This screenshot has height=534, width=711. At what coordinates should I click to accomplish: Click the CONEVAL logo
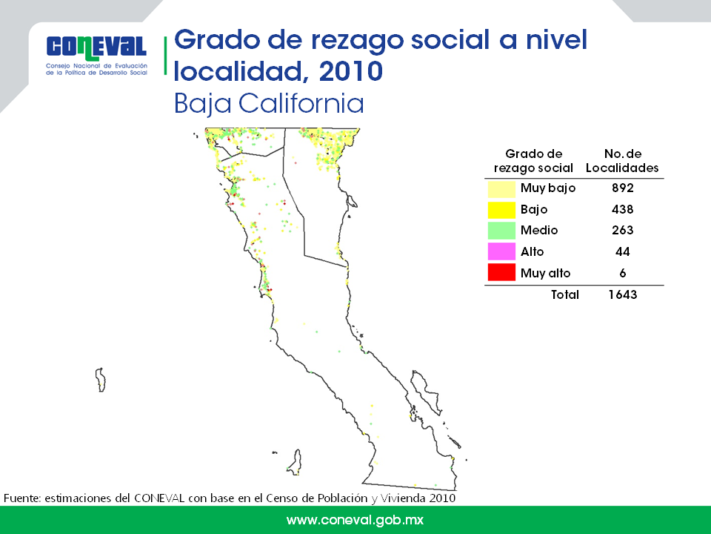[96, 55]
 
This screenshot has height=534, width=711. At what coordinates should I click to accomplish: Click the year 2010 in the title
[351, 71]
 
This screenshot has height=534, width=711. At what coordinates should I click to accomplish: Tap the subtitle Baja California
[269, 104]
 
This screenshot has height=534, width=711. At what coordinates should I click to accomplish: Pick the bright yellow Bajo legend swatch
[501, 210]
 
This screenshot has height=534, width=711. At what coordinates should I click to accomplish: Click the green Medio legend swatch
[501, 231]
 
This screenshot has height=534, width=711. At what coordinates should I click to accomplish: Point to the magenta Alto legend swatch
[501, 251]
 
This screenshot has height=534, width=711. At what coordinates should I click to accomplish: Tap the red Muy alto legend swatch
[501, 272]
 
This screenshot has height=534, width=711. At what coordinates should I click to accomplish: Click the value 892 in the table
[623, 188]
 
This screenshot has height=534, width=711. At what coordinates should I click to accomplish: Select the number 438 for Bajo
[623, 209]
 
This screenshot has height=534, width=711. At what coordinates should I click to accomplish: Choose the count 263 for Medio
[623, 230]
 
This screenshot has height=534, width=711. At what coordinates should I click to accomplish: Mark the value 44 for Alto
[623, 251]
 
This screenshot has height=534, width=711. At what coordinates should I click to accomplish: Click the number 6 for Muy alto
[623, 273]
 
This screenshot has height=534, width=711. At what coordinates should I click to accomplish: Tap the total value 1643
[623, 294]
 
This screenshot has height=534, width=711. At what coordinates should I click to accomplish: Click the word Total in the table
[565, 294]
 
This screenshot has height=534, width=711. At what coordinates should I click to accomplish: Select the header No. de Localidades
[622, 161]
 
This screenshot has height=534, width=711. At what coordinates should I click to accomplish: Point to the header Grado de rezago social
[533, 161]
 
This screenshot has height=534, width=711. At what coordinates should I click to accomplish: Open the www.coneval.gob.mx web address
[355, 520]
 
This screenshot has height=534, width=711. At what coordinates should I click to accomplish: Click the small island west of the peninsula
[101, 380]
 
